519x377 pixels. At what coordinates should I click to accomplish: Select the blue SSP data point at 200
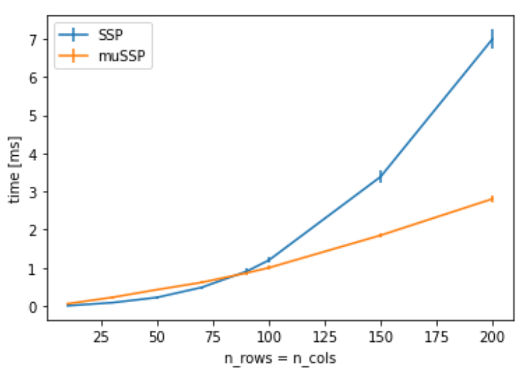point(492,39)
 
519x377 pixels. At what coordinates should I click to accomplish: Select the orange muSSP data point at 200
point(492,199)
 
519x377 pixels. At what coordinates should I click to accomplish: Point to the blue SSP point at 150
point(380,177)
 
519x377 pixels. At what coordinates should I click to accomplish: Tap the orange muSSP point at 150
point(380,235)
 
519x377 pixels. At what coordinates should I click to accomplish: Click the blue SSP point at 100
point(268,260)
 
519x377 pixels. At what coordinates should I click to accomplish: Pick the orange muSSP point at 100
point(268,268)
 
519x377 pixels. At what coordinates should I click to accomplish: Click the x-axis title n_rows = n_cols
point(280,359)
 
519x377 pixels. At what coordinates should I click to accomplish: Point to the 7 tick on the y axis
point(34,39)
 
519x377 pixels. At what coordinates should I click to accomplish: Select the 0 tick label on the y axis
point(34,306)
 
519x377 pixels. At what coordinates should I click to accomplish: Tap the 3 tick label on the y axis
point(34,192)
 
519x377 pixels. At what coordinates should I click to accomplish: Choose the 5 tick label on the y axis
point(34,115)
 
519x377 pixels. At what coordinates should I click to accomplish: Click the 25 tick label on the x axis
point(101,336)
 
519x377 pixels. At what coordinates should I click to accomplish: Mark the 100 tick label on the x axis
point(268,336)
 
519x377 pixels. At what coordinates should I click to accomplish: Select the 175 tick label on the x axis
point(436,336)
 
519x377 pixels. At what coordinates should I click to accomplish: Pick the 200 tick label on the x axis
point(492,336)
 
